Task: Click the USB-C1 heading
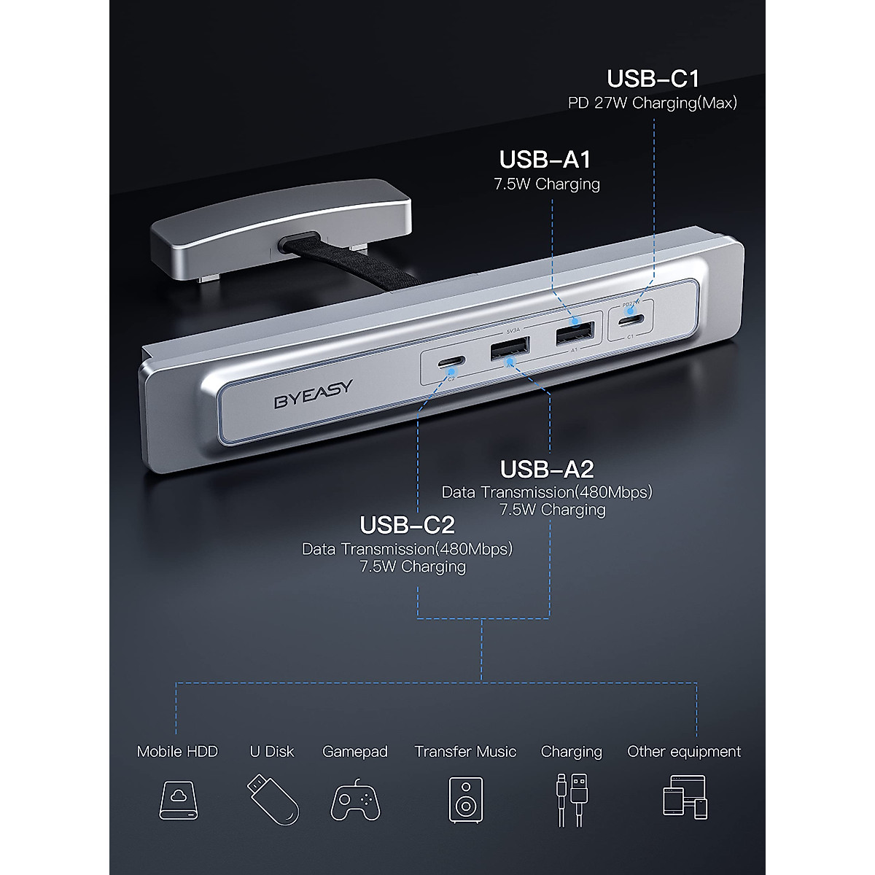coord(653,79)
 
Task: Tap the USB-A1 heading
coord(545,159)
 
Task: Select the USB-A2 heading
coord(546,468)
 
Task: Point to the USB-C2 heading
coord(408,524)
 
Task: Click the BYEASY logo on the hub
coord(313,384)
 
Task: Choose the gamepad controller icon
coord(355,800)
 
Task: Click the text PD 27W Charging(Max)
coord(653,103)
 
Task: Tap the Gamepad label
coord(355,751)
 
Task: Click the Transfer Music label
coord(465,751)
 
